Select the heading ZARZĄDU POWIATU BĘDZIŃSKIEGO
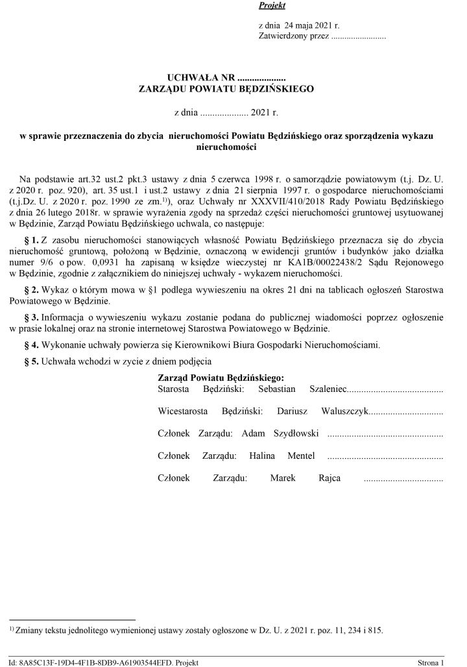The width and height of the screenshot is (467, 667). point(226,89)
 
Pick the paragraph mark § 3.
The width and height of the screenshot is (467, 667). point(31,317)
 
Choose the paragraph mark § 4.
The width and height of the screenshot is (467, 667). point(31,344)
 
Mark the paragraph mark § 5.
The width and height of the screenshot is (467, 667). point(31,360)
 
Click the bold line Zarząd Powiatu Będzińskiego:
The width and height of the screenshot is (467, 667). point(221,378)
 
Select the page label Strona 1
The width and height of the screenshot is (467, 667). point(431,662)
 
